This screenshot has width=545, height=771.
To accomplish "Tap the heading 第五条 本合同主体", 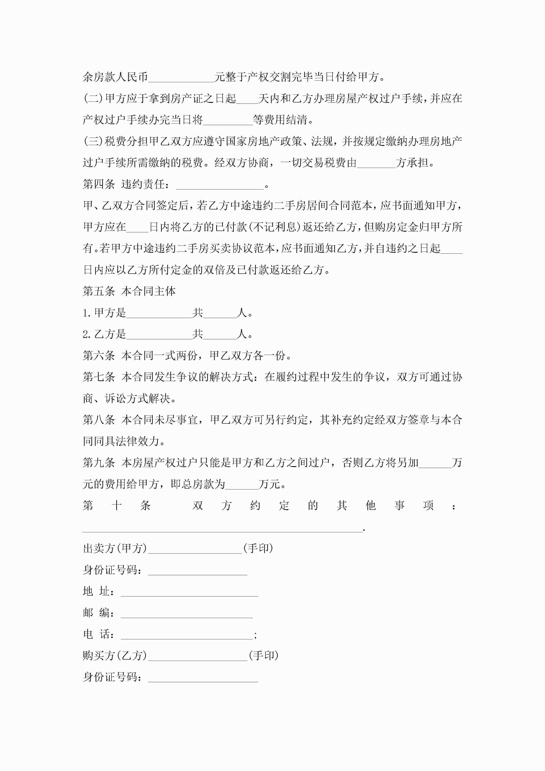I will point(129,291).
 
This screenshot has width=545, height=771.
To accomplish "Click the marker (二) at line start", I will point(93,98).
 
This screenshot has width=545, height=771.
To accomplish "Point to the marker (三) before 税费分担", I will point(93,141).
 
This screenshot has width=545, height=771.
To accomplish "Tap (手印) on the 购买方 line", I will point(264,655).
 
